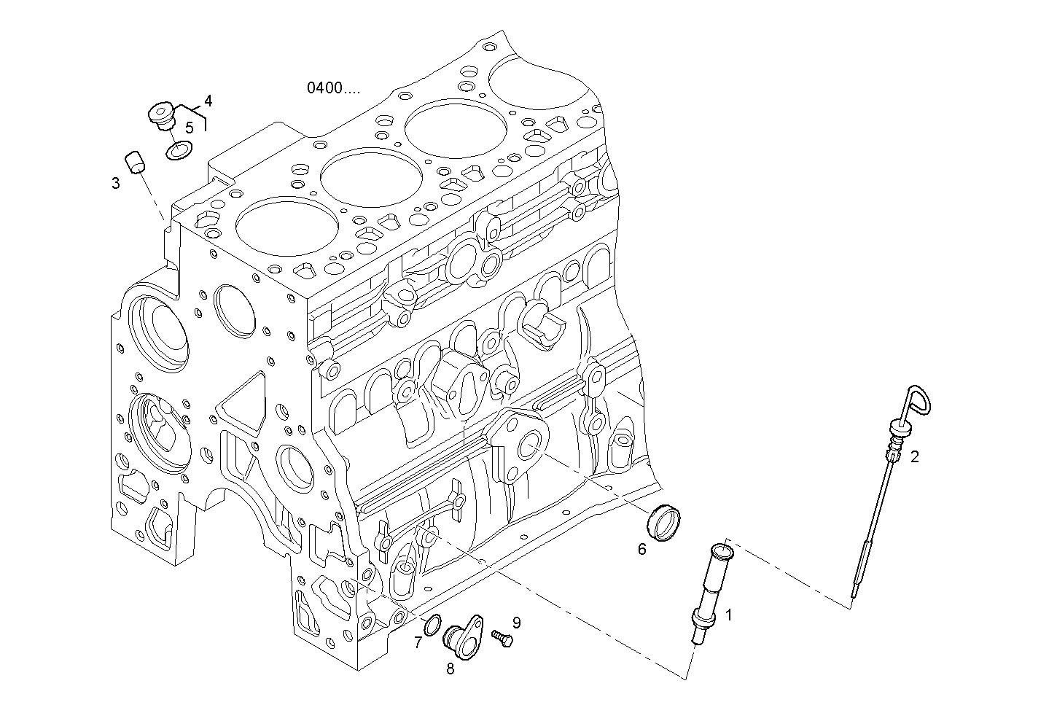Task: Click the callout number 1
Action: [728, 615]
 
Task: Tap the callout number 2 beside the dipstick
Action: [915, 457]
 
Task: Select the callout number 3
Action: [116, 183]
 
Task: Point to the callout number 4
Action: [208, 100]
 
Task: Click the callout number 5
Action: [189, 128]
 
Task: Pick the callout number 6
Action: [642, 549]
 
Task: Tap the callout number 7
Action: [418, 642]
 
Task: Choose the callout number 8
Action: [450, 669]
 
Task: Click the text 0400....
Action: [333, 89]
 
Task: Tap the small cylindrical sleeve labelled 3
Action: [132, 162]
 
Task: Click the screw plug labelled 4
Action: [160, 115]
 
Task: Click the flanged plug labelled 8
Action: [463, 631]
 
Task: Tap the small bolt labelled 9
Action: [502, 638]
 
